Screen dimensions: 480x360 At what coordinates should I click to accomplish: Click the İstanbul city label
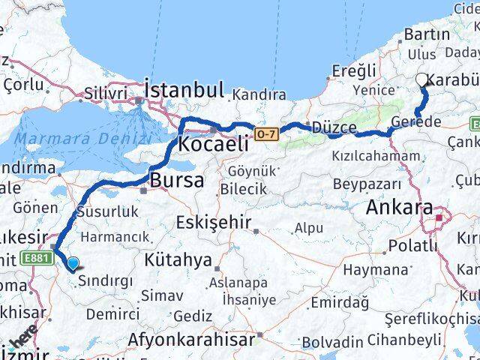(x=184, y=91)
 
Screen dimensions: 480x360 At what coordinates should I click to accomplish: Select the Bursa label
(x=177, y=181)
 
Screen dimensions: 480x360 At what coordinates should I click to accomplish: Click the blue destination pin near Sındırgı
(x=73, y=263)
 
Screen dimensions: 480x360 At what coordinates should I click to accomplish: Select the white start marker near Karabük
(x=422, y=80)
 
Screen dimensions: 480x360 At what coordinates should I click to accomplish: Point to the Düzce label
(x=334, y=127)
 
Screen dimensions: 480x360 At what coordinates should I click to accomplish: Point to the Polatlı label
(x=412, y=245)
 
